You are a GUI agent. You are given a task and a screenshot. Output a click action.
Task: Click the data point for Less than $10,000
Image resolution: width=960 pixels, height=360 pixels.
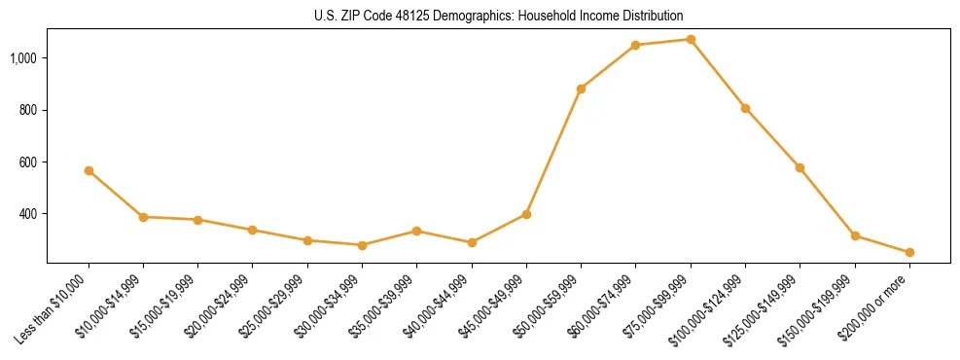click(x=89, y=170)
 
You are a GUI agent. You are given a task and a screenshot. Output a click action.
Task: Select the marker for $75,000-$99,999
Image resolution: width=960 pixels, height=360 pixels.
click(x=691, y=39)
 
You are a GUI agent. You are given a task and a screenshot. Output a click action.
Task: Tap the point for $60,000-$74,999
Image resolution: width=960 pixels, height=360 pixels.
click(x=635, y=45)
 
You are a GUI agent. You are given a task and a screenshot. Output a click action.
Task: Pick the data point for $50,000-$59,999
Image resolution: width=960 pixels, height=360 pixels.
click(x=581, y=89)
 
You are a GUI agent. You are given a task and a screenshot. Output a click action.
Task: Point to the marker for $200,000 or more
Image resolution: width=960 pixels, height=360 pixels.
click(x=909, y=252)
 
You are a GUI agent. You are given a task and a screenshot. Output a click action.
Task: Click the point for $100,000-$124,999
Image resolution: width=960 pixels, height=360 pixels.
click(x=745, y=108)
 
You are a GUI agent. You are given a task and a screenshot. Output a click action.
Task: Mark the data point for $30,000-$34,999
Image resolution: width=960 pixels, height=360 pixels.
click(x=362, y=245)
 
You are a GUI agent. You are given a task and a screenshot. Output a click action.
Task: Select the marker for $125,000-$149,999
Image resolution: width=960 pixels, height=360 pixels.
click(x=800, y=167)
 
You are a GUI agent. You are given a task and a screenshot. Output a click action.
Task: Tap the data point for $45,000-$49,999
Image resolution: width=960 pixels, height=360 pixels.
click(x=526, y=214)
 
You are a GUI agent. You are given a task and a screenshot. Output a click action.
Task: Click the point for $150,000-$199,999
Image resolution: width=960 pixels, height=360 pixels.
click(x=855, y=235)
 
